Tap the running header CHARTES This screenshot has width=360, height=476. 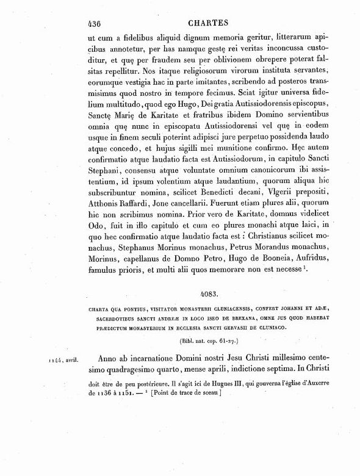pos(204,25)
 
